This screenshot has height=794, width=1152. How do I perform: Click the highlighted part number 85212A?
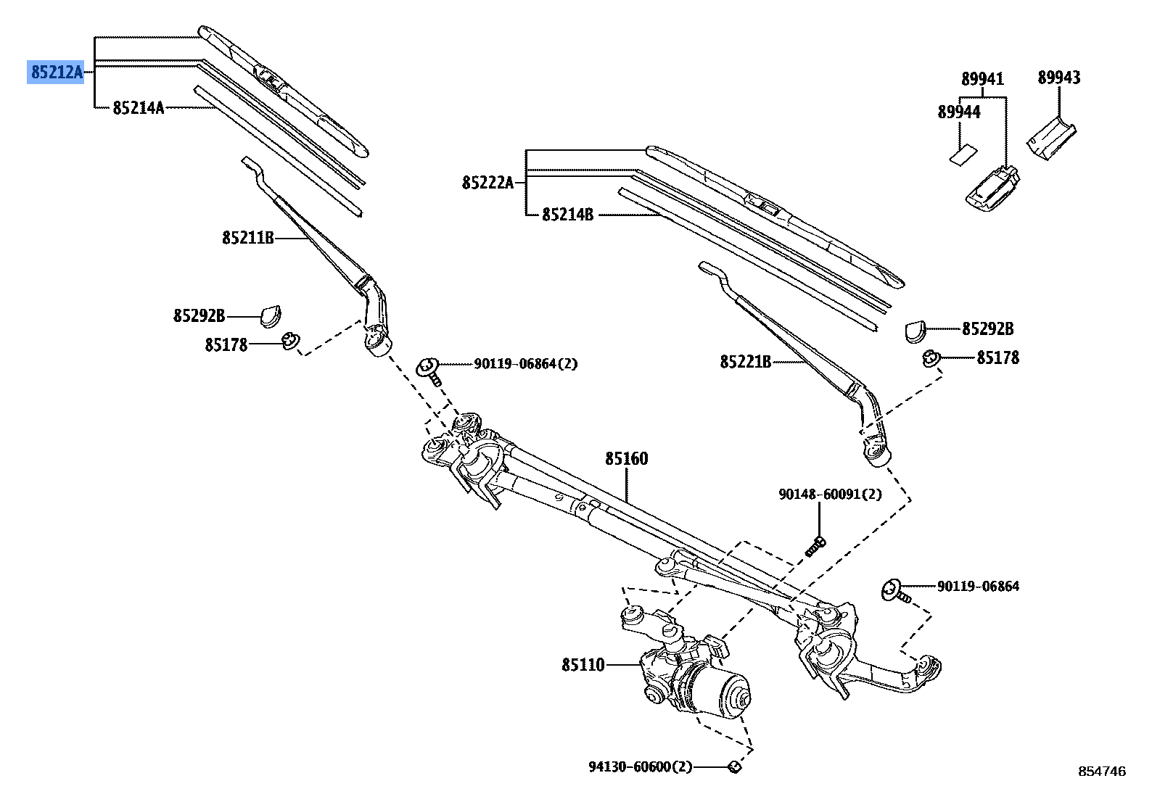point(56,72)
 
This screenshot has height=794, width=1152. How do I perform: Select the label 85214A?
point(138,108)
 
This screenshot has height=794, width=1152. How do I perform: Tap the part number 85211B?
point(247,237)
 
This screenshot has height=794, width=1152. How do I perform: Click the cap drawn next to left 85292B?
point(271,314)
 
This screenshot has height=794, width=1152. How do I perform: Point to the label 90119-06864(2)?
point(525,364)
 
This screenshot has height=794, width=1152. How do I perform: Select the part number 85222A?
point(487,183)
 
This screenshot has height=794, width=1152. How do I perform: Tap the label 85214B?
point(567,215)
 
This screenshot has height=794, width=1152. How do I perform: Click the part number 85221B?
point(745,361)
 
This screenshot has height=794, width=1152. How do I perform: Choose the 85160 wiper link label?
point(627,458)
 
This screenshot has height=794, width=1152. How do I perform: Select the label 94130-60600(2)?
point(641,766)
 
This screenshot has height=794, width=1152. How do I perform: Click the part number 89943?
point(1058,78)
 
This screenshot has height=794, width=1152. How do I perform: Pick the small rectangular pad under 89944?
point(963,155)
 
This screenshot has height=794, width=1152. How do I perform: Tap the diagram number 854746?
point(1101,772)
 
